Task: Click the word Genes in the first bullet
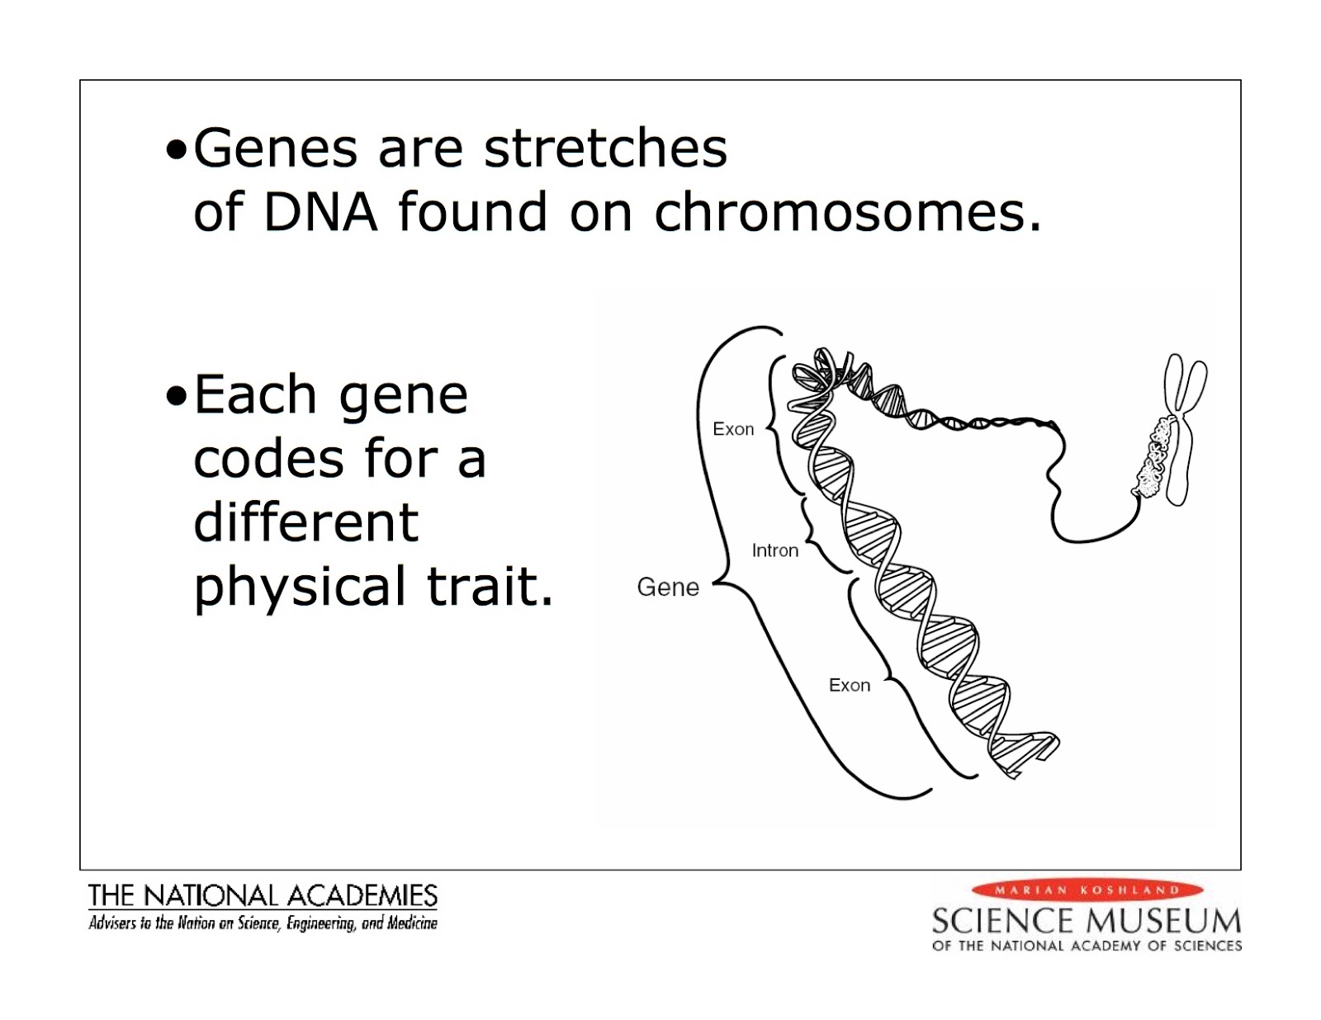point(275,149)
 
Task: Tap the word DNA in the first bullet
point(320,212)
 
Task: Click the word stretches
point(605,149)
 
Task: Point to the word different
point(305,522)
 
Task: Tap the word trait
point(489,586)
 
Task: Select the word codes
point(268,459)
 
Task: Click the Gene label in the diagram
point(668,588)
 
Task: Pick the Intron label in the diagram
point(774,550)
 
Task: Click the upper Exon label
point(733,429)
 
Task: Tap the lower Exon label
point(849,686)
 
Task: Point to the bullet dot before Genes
point(176,151)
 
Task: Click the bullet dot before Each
point(176,396)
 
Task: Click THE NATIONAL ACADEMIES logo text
point(263,895)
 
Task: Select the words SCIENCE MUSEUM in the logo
point(1086,920)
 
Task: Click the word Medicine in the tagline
point(412,923)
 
